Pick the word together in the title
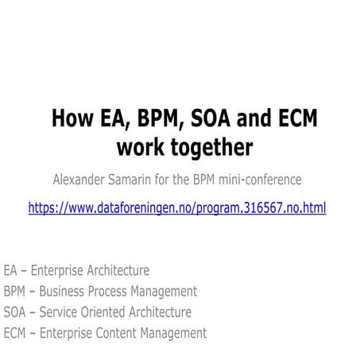(209, 148)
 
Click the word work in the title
(141, 148)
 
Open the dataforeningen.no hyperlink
(176, 207)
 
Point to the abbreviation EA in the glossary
(11, 271)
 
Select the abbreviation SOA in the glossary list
(15, 312)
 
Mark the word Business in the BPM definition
(65, 292)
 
